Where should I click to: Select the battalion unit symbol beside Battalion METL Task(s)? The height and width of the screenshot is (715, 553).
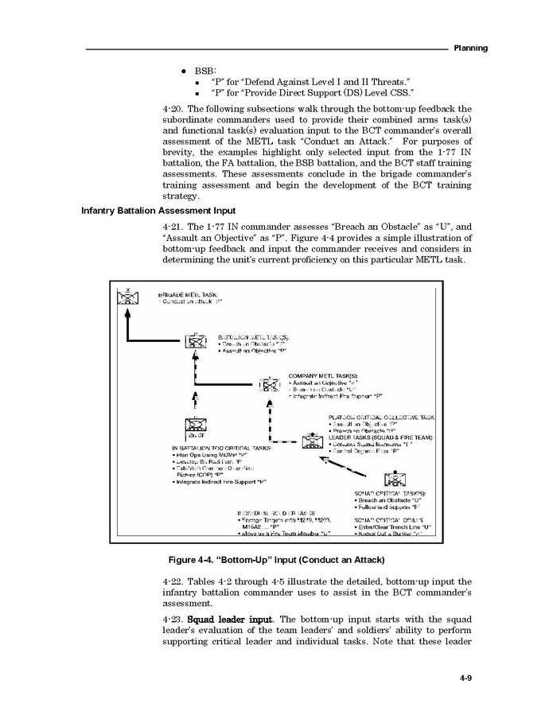click(x=195, y=341)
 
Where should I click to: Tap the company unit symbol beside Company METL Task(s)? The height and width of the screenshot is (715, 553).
click(x=271, y=387)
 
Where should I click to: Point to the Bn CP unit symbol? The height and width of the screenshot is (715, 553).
click(x=195, y=426)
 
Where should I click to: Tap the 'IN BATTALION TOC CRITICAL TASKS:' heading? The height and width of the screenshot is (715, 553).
click(x=222, y=449)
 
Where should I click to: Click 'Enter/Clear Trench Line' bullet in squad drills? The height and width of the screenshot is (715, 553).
click(x=394, y=527)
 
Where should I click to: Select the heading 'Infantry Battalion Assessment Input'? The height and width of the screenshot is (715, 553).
click(x=158, y=211)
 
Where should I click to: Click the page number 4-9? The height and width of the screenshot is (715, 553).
click(x=466, y=678)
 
